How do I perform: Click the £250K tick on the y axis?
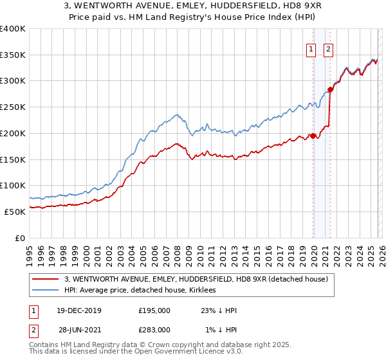[x=13, y=107]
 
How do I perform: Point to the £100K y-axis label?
[x=13, y=185]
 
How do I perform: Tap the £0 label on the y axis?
[x=19, y=238]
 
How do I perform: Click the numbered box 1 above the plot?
[x=311, y=49]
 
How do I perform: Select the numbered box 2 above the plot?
[x=328, y=49]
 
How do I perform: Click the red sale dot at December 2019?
[x=313, y=136]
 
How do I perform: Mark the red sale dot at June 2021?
[x=330, y=89]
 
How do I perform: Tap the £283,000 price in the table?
[x=154, y=330]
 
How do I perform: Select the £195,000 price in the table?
[x=154, y=310]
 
